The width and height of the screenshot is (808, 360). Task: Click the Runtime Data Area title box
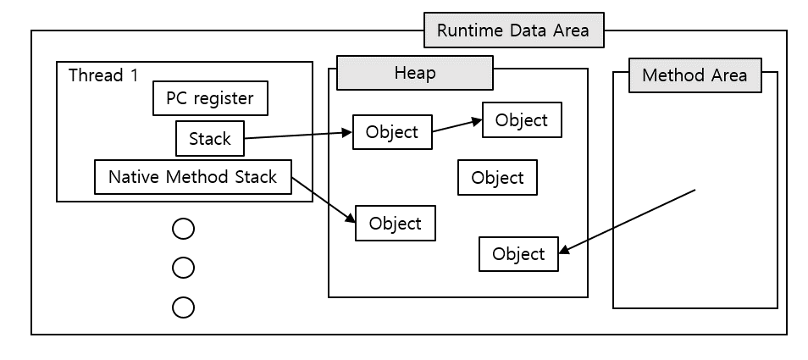pos(513,31)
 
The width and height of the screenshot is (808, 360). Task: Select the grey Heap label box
pos(415,73)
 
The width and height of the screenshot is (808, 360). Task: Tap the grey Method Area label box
pos(695,75)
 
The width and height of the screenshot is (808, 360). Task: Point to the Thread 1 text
pos(102,75)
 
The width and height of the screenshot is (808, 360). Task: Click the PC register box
pos(210,98)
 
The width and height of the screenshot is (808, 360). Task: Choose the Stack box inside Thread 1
pos(209,139)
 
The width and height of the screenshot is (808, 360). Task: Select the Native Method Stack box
pos(192,177)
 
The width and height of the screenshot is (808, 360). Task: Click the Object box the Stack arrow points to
pos(391,132)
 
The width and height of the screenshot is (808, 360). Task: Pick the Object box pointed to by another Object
pos(522,120)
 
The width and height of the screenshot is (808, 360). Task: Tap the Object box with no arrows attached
pos(497,178)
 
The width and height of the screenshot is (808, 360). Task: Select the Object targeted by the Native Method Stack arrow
pos(396,224)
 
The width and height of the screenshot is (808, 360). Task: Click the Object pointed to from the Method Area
pos(518,254)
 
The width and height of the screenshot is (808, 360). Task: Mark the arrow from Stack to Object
pos(296,136)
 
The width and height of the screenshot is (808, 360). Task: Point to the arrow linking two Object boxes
pos(457,126)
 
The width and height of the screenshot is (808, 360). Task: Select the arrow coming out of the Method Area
pos(627,221)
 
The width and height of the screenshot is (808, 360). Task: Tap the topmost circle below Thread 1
pos(183,229)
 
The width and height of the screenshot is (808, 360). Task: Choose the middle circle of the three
pos(183,268)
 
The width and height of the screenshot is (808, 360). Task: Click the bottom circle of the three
pos(183,307)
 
